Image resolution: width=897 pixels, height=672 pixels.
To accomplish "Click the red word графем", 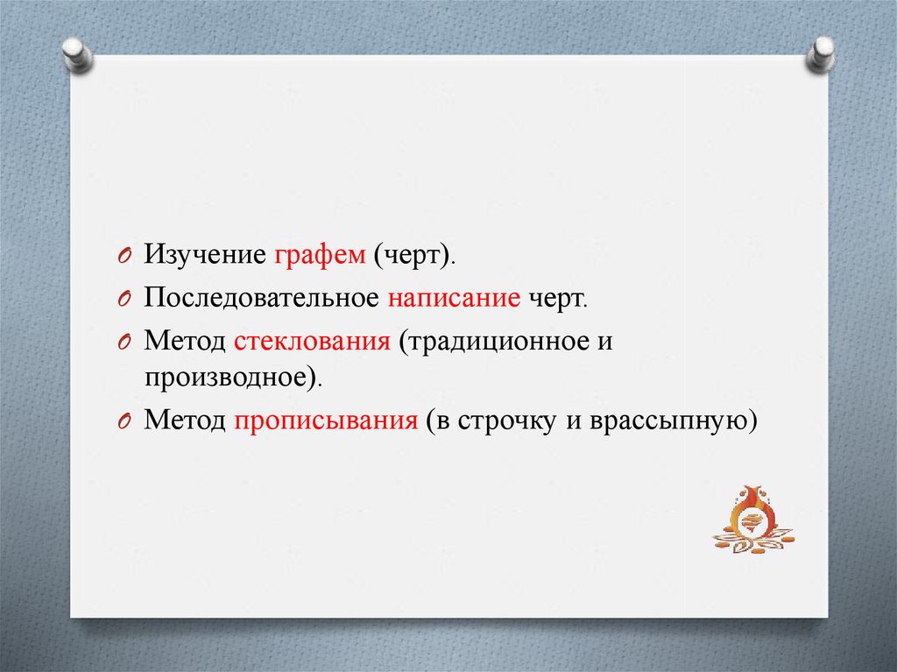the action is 320,255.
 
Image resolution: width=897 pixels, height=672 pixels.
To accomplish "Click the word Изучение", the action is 205,254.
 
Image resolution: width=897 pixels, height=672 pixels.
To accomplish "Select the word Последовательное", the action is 261,298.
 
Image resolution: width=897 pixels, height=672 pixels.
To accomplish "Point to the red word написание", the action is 455,298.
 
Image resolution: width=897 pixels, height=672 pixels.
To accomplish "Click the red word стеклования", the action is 313,341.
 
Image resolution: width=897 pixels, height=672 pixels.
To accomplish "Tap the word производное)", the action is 233,378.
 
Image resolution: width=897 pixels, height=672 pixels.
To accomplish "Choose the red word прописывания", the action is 326,421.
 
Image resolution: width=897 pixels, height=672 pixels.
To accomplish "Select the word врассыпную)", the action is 674,421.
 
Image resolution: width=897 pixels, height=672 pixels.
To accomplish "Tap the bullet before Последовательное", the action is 124,299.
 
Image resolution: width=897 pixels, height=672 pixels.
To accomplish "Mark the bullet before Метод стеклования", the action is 124,343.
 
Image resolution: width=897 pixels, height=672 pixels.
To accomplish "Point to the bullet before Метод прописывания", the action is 124,421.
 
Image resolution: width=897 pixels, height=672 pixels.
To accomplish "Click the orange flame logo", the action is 752,520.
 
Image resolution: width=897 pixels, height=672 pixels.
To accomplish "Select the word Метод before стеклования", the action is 185,341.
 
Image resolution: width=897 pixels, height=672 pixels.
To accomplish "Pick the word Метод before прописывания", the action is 185,421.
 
